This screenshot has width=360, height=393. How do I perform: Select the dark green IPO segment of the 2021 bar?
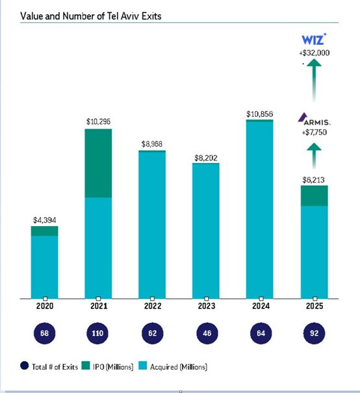pyautogui.click(x=99, y=162)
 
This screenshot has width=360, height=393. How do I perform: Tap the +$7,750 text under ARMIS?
pyautogui.click(x=314, y=132)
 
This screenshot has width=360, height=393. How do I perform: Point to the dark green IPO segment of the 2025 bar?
pyautogui.click(x=315, y=196)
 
